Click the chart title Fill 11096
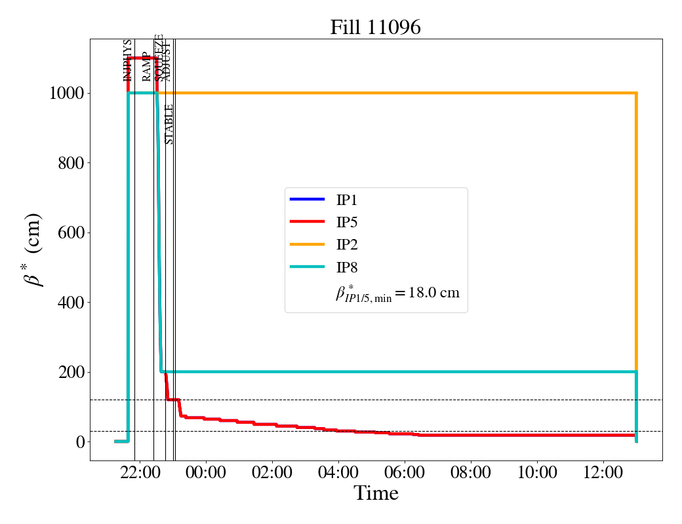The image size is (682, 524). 375,28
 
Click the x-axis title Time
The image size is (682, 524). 376,493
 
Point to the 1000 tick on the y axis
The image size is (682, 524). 66,93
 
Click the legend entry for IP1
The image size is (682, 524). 348,200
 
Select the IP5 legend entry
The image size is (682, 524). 348,222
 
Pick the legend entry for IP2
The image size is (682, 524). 348,245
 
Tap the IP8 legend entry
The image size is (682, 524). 348,267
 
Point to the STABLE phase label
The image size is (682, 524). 169,124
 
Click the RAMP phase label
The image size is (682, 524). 146,66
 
